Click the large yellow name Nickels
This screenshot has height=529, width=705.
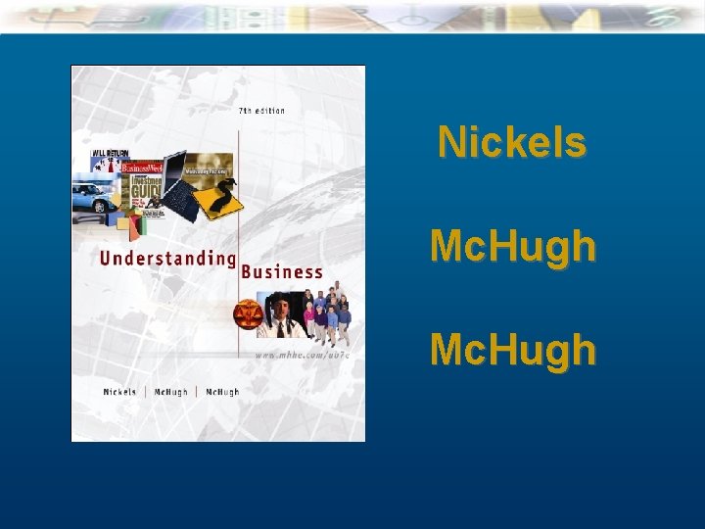512,142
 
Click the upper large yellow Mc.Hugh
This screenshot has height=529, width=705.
512,246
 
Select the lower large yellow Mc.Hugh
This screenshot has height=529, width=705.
512,349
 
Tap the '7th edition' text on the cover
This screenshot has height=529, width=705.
262,111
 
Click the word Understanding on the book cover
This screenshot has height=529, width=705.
167,260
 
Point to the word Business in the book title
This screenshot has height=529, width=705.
282,272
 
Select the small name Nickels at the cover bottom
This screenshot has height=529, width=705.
120,392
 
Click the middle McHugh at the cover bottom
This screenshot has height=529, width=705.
170,392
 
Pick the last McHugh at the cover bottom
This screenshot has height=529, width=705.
222,392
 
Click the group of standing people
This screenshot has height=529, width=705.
326,314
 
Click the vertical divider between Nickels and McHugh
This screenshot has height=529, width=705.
145,392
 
